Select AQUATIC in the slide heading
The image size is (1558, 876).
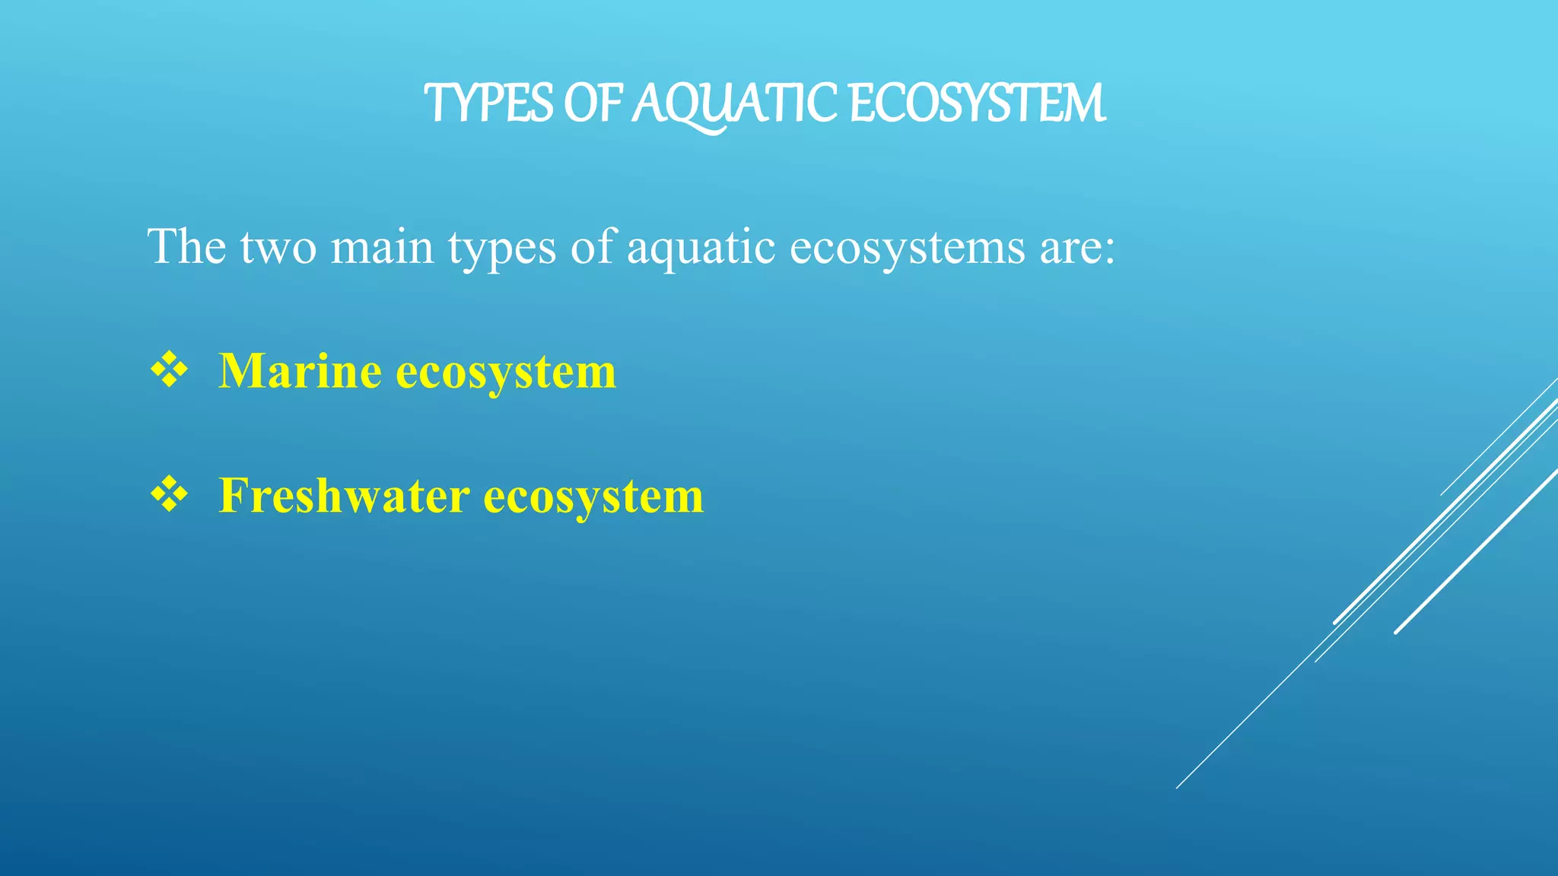coord(735,105)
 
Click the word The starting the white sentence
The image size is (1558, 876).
coord(186,246)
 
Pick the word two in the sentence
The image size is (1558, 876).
coord(278,248)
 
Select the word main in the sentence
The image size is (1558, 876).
coord(381,246)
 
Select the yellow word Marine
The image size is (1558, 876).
coord(300,371)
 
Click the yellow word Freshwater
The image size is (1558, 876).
coord(344,496)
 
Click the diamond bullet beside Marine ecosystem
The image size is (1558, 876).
coord(169,371)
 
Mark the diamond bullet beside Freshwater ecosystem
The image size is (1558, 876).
coord(169,496)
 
